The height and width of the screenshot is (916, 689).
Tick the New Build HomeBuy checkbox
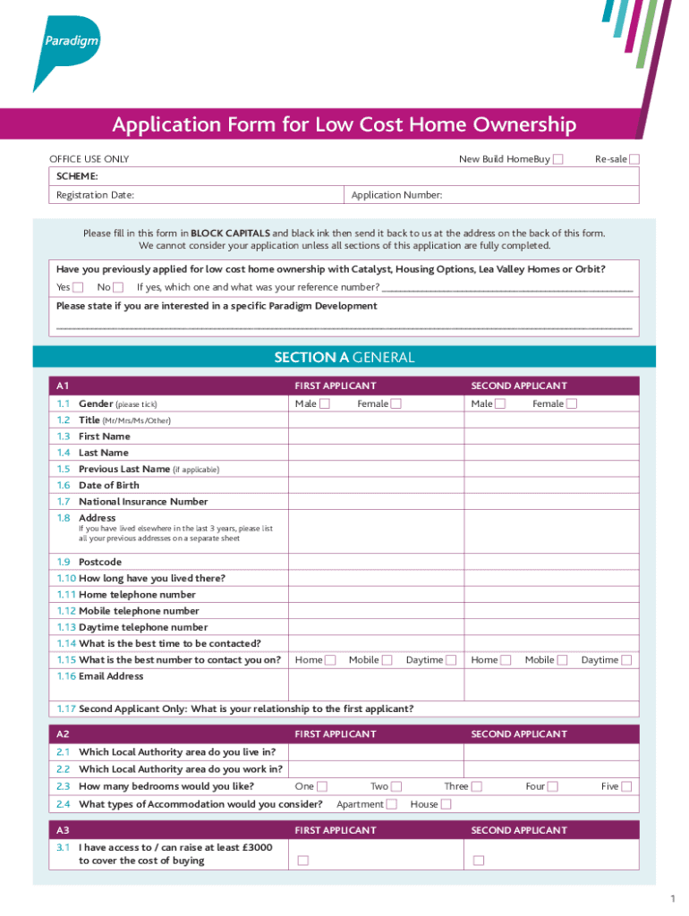pyautogui.click(x=558, y=159)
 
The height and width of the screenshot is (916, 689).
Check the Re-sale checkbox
pyautogui.click(x=634, y=159)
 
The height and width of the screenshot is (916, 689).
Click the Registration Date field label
pyautogui.click(x=96, y=195)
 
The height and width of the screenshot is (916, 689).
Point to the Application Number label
pyautogui.click(x=396, y=195)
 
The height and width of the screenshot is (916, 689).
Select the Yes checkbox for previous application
pyautogui.click(x=78, y=287)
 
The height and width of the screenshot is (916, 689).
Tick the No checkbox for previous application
pyautogui.click(x=118, y=287)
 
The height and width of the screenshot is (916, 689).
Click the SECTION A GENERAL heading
pyautogui.click(x=344, y=358)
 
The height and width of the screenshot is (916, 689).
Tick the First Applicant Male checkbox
pyautogui.click(x=325, y=403)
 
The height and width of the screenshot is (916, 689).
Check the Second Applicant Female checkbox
pyautogui.click(x=572, y=403)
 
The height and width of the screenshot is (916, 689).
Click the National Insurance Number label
pyautogui.click(x=143, y=502)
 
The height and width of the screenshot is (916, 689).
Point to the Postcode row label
pyautogui.click(x=99, y=562)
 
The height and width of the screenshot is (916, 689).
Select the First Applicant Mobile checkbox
pyautogui.click(x=387, y=660)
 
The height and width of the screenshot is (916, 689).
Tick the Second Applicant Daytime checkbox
pyautogui.click(x=627, y=660)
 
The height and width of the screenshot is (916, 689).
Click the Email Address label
pyautogui.click(x=111, y=676)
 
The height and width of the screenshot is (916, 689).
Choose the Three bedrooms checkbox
pyautogui.click(x=477, y=786)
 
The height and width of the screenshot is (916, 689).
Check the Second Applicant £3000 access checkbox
pyautogui.click(x=479, y=861)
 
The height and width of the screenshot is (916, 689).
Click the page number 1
pyautogui.click(x=670, y=898)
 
